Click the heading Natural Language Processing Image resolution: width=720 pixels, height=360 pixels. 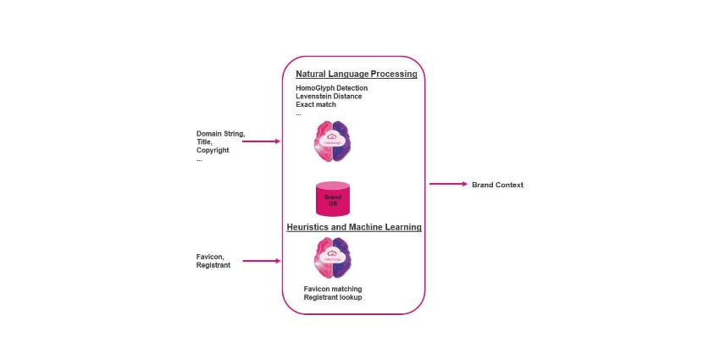point(356,75)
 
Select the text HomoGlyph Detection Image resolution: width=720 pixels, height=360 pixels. point(331,88)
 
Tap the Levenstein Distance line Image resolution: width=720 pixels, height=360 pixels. point(329,97)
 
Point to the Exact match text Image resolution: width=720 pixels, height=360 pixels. point(316,105)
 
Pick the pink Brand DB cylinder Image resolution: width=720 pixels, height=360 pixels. point(333,199)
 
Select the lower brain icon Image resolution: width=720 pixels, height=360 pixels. point(333,258)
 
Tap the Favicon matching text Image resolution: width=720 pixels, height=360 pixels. point(333,289)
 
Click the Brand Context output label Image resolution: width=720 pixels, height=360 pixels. point(497,185)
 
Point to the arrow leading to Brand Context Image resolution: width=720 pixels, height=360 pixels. point(448,184)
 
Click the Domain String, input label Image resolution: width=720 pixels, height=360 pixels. point(219,134)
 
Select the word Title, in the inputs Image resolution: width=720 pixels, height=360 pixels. point(205,142)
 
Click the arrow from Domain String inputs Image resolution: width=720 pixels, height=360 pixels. point(261,141)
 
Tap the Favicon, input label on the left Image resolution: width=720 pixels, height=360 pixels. point(211,257)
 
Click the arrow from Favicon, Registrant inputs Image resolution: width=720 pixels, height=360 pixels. point(261,261)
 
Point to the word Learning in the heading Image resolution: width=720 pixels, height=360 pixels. point(402,228)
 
